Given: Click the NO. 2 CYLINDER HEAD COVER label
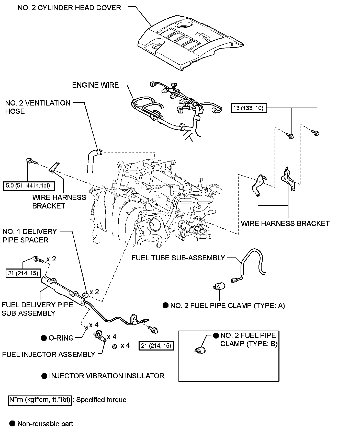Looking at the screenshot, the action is (69, 8).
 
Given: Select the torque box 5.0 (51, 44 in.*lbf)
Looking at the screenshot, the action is (30, 186).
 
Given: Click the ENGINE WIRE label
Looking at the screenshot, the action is (95, 85).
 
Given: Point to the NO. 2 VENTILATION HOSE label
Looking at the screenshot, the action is (38, 107).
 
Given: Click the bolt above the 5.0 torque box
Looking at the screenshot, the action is (32, 161).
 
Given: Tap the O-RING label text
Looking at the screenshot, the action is (61, 338).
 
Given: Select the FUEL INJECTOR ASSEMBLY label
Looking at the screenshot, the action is (49, 355).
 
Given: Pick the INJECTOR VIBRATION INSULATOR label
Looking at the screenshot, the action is (106, 376).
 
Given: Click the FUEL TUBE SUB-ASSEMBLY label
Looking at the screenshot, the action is (178, 258).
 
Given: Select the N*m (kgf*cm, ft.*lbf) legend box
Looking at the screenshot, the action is (40, 400).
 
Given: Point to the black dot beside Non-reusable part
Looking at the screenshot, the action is (12, 424).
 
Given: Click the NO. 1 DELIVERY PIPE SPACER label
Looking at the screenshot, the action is (30, 236).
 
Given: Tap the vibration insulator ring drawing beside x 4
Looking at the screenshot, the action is (115, 346).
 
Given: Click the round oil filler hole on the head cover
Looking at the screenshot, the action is (183, 25).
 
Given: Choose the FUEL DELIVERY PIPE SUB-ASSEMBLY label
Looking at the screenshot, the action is (37, 309).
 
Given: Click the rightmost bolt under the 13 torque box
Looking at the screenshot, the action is (316, 133).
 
